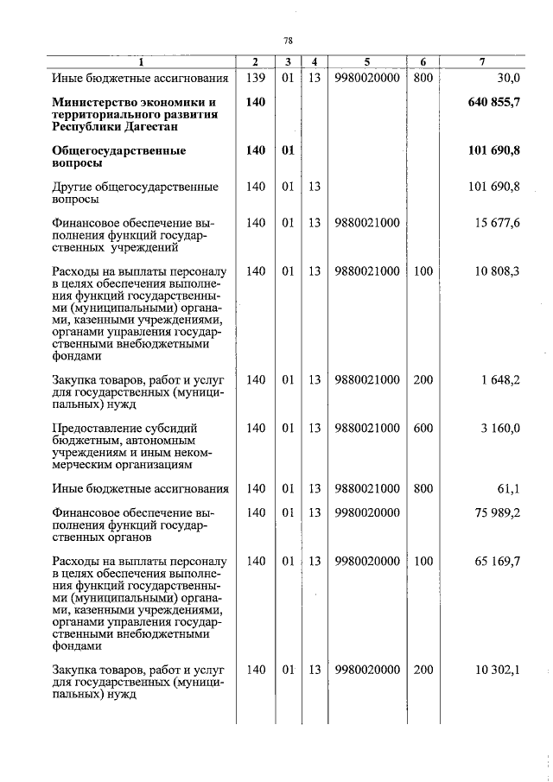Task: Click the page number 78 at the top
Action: [289, 41]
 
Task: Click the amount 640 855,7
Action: [494, 103]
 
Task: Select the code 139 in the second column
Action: [255, 79]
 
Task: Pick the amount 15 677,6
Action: [498, 223]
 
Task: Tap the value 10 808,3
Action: [498, 271]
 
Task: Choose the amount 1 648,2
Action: [501, 379]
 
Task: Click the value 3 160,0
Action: [501, 428]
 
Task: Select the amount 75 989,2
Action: [498, 512]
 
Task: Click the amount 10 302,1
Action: [498, 669]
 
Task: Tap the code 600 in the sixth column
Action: [423, 428]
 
